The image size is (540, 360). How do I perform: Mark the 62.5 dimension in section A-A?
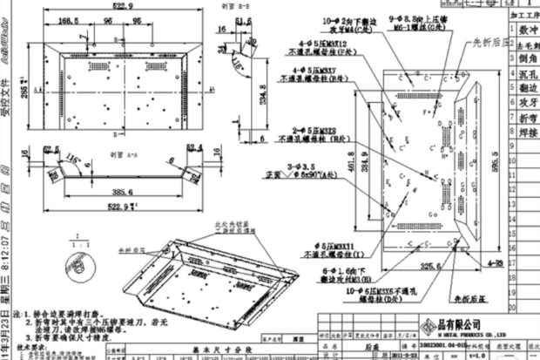(51, 148)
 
